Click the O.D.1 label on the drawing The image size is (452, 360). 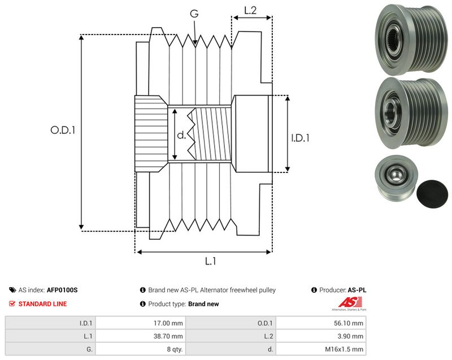click(x=63, y=130)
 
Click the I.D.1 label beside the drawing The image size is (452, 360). click(x=300, y=138)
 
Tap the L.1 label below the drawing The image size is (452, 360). click(x=210, y=262)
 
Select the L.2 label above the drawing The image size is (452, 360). click(x=250, y=10)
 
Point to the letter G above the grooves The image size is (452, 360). click(x=194, y=13)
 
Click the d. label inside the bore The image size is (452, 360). click(x=181, y=135)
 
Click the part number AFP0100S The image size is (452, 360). click(x=62, y=290)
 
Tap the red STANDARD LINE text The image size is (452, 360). click(x=43, y=304)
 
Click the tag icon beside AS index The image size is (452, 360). click(x=12, y=290)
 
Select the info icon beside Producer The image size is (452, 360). click(x=314, y=290)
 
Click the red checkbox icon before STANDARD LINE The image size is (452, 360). click(x=12, y=304)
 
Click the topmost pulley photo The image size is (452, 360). click(x=411, y=40)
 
